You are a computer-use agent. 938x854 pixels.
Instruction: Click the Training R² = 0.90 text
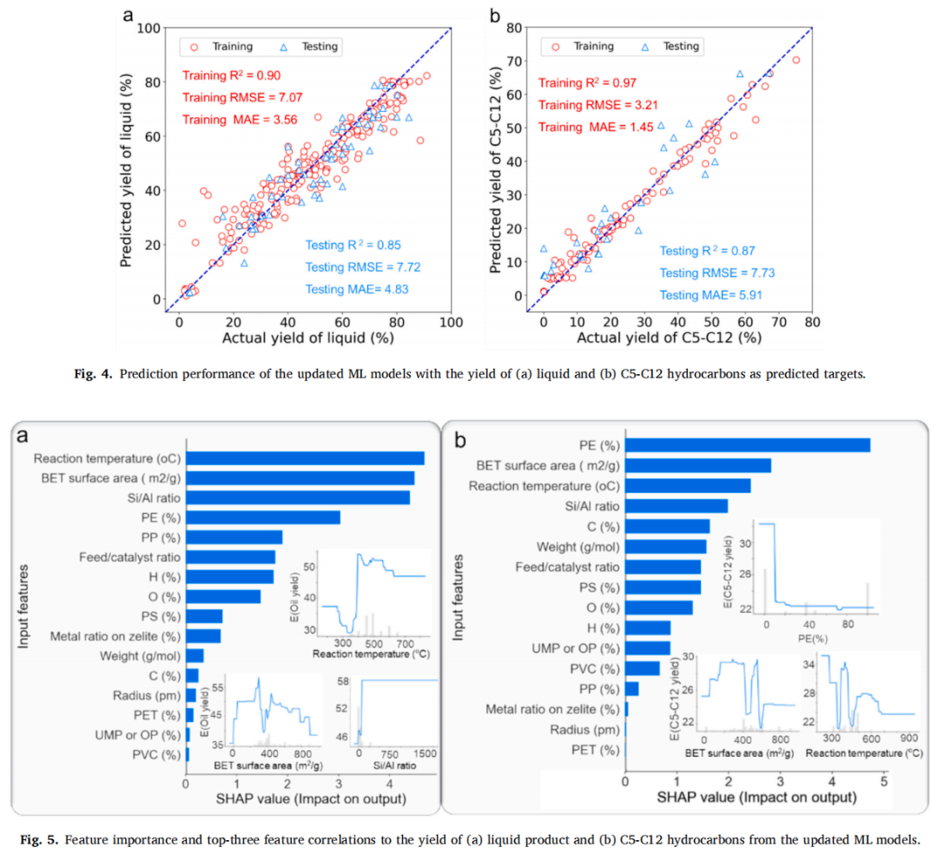pos(231,76)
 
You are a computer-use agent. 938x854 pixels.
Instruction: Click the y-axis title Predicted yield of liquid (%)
pos(126,161)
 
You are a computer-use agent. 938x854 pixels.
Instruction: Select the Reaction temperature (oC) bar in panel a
pos(305,458)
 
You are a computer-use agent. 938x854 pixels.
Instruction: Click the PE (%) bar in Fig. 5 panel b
pos(748,445)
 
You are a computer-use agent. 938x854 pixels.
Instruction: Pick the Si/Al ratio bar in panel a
pos(298,497)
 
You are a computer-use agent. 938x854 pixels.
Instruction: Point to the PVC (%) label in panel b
pos(595,668)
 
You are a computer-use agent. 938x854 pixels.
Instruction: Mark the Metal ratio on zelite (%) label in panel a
pos(115,636)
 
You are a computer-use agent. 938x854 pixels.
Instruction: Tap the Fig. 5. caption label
pos(36,839)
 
